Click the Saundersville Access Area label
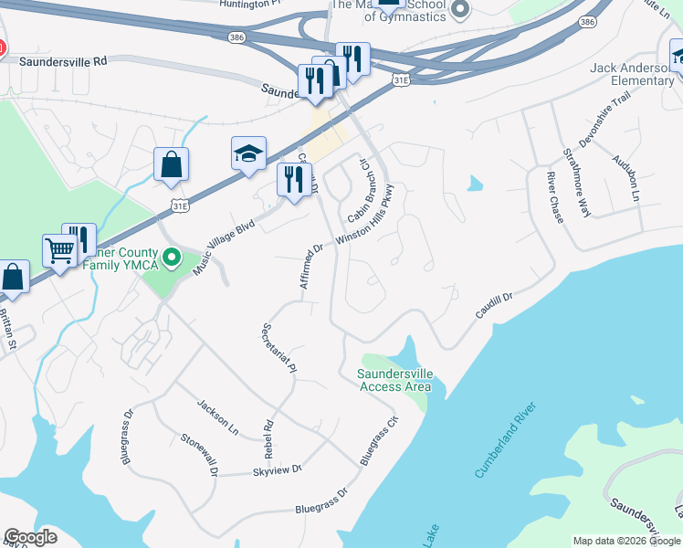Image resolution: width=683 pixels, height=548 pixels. [x=394, y=380]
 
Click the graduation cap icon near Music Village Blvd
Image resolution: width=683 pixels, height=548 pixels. [x=247, y=155]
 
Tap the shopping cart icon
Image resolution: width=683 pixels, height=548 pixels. [x=59, y=251]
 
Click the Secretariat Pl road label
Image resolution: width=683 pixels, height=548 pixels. [x=279, y=349]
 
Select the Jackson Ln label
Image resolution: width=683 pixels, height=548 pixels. [x=217, y=416]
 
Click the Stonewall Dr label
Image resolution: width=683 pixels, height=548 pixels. [x=198, y=455]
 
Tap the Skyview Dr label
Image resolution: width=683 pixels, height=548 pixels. [x=277, y=470]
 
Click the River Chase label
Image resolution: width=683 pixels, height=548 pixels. [x=555, y=196]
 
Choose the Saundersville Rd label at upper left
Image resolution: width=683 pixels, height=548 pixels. [x=68, y=60]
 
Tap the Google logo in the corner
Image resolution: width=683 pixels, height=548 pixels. [x=30, y=537]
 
